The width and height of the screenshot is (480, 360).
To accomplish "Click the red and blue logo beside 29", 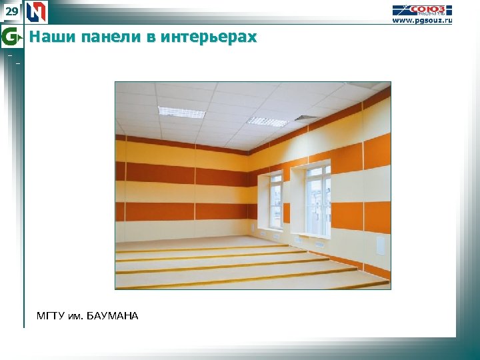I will (x=36, y=12).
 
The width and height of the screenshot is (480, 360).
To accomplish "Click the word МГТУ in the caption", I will (x=53, y=315).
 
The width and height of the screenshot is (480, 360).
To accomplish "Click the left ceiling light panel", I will (x=181, y=112).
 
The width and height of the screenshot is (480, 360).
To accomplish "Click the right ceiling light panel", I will (x=267, y=121).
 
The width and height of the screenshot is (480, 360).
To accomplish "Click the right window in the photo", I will (x=317, y=199).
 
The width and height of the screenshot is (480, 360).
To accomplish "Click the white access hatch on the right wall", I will (x=381, y=246).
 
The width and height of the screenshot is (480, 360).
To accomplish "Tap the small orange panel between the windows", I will (x=287, y=213).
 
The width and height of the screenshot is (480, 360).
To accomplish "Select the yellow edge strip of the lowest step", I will (x=253, y=283).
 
